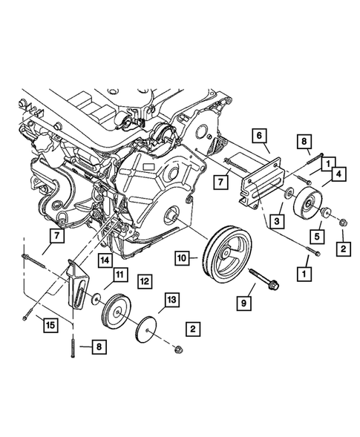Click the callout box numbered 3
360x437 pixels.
275,220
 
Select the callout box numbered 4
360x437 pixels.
338,175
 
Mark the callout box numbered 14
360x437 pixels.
105,260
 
